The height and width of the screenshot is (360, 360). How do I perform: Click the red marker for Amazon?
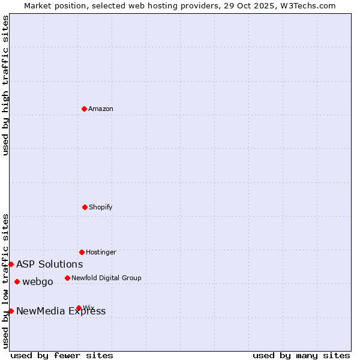pos(85,109)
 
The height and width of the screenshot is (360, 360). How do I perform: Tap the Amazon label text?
pos(101,109)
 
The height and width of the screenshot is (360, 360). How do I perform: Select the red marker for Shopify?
pos(85,207)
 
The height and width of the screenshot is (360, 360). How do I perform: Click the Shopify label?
pos(101,208)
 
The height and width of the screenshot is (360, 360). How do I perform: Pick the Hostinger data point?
pos(82,252)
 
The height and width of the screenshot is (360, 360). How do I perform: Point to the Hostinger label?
pos(101,253)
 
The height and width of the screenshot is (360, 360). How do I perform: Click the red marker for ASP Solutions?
pos(11,264)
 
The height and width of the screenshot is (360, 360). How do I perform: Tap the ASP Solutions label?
pos(50,265)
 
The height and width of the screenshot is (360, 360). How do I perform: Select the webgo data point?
pos(17,281)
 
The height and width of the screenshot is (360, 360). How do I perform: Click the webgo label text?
pos(38,282)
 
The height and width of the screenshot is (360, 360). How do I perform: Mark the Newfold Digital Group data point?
pos(67,278)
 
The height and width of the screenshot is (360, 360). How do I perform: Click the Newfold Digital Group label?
pos(106,278)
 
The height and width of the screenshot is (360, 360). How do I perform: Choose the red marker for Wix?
pos(79,308)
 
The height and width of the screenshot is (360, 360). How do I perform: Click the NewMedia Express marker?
pos(11,311)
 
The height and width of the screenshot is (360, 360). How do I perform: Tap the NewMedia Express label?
pos(61,311)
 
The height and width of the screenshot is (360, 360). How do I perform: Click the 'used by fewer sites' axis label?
pos(62,355)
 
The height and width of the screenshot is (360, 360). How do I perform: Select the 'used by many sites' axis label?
pos(301,355)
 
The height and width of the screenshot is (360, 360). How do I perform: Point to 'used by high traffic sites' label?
pos(6,85)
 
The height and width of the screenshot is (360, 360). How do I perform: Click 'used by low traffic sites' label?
pos(6,281)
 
